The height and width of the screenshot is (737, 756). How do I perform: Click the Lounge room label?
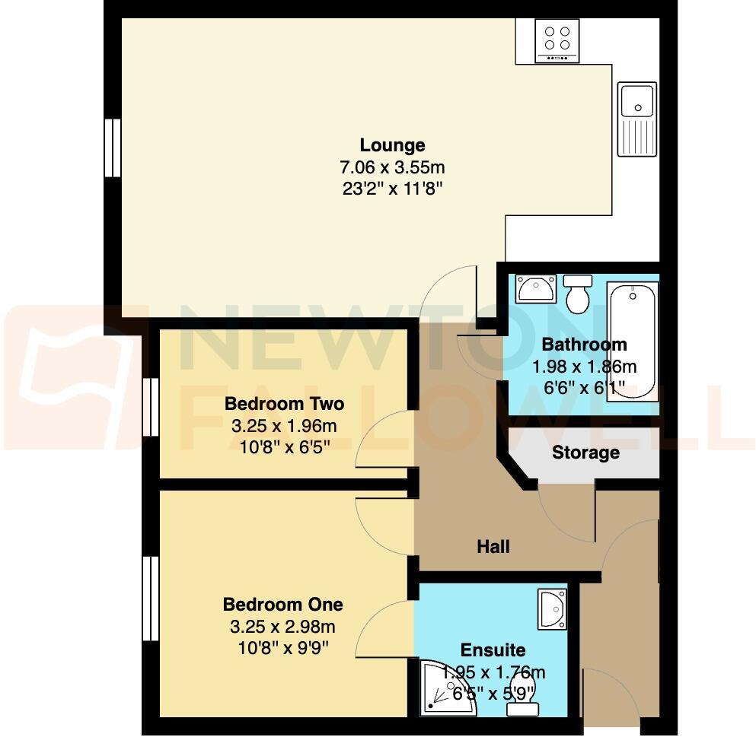(x=392, y=145)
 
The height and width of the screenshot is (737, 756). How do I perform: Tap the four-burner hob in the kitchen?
(x=557, y=40)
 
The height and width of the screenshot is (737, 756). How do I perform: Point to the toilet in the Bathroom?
(x=578, y=292)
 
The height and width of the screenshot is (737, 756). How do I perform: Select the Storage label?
(x=585, y=453)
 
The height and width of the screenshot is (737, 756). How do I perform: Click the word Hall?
(x=493, y=546)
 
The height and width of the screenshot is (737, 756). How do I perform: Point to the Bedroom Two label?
(x=284, y=404)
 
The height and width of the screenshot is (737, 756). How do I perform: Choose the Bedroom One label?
(x=282, y=605)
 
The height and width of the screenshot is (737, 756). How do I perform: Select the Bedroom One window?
(x=151, y=599)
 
